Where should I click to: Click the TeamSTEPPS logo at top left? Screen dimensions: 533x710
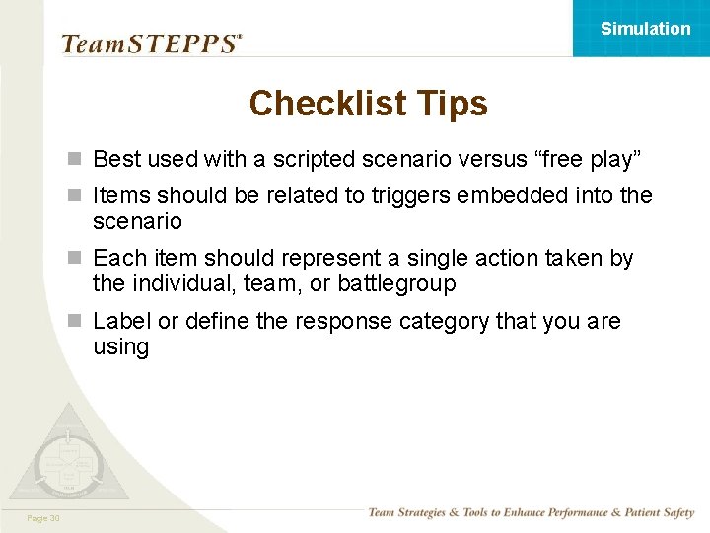point(151,43)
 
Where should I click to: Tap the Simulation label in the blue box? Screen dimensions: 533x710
point(645,29)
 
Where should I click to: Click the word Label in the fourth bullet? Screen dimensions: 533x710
point(121,321)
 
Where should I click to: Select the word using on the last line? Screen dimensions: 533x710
point(120,347)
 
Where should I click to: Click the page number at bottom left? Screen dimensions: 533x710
point(44,518)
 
